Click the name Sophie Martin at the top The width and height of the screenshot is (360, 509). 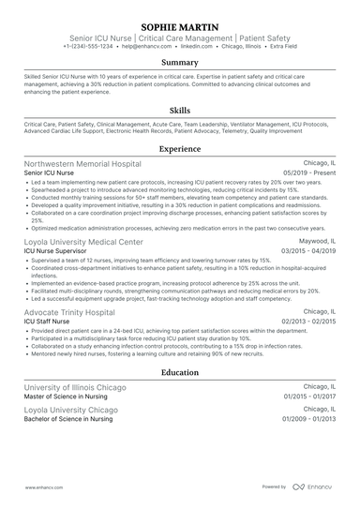coord(180,18)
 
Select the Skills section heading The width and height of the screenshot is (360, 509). coord(180,110)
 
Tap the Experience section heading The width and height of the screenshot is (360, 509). coord(180,148)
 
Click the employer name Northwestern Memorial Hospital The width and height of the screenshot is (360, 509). coord(82,163)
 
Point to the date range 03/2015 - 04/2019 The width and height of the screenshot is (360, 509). coord(308,251)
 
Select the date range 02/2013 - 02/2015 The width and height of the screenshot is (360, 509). coord(308,322)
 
